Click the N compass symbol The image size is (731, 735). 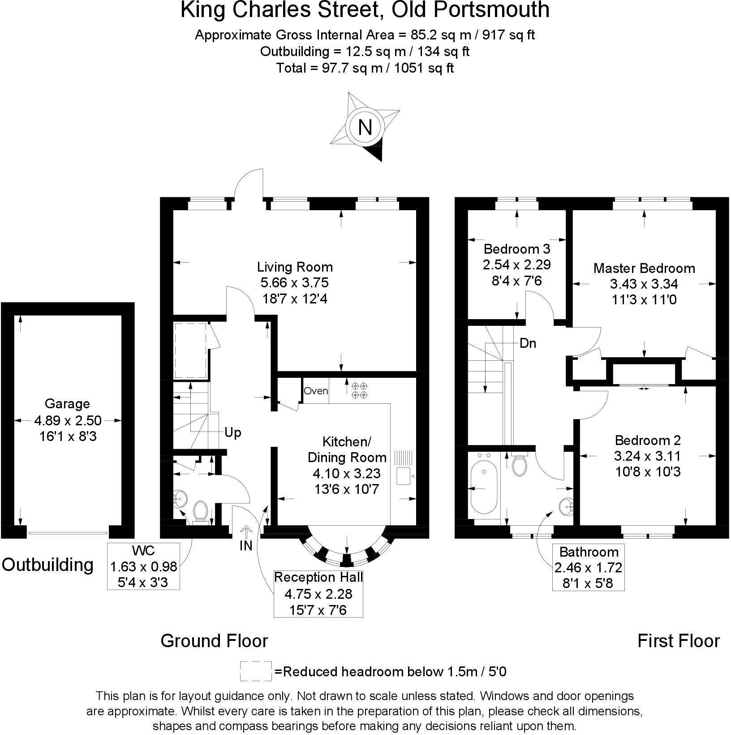(x=365, y=128)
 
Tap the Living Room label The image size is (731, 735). (x=295, y=267)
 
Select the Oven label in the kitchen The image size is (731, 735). (x=316, y=391)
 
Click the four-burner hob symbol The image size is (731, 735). (x=359, y=390)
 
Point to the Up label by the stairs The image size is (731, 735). (x=232, y=433)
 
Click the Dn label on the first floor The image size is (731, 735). (x=528, y=344)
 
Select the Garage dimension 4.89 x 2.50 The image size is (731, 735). (x=68, y=420)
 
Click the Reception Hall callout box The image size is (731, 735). (x=318, y=594)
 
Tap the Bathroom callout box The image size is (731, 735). (x=588, y=567)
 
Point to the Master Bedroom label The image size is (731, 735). (x=644, y=268)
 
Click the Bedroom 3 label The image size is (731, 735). (x=517, y=248)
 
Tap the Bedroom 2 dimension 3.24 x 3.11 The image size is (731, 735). (x=647, y=456)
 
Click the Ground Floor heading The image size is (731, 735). (x=214, y=641)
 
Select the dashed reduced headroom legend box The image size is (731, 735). (x=256, y=671)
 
